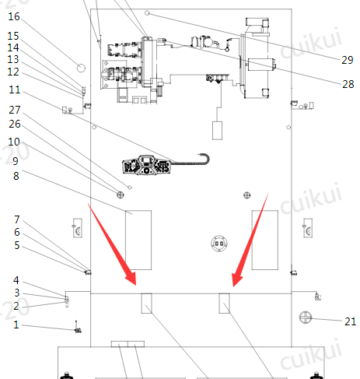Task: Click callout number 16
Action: click(x=14, y=16)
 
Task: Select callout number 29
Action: click(x=348, y=60)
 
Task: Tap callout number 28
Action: click(x=348, y=84)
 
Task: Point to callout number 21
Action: click(x=350, y=321)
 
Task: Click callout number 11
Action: click(x=15, y=89)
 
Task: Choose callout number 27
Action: click(x=15, y=110)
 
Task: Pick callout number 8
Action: click(x=16, y=176)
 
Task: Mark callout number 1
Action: click(x=16, y=325)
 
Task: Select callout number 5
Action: click(x=17, y=245)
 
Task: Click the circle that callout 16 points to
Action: click(x=81, y=68)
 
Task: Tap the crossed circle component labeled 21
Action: click(x=306, y=318)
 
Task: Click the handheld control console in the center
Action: click(x=147, y=165)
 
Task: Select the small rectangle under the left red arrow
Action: click(x=146, y=304)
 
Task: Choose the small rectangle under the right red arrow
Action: click(x=225, y=304)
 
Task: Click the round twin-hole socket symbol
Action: click(x=219, y=244)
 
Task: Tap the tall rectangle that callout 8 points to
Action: click(x=138, y=240)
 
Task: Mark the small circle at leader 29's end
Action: click(x=147, y=12)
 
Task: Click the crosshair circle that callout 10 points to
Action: click(x=121, y=195)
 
